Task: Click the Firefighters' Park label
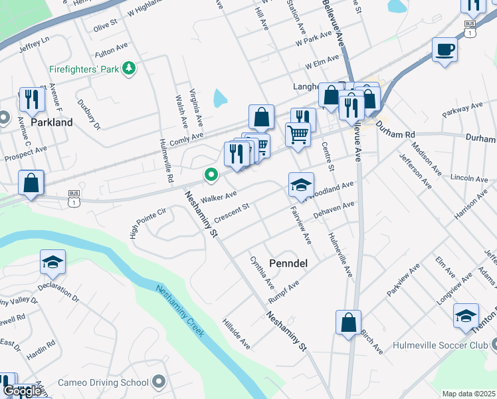[86, 68]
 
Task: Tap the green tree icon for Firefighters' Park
[131, 68]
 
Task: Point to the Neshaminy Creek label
[180, 311]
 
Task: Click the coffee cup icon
[444, 49]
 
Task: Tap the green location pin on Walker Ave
[211, 175]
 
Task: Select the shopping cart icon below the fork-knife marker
[298, 134]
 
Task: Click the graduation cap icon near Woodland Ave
[301, 185]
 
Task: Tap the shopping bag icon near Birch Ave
[348, 323]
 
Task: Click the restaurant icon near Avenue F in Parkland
[31, 100]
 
